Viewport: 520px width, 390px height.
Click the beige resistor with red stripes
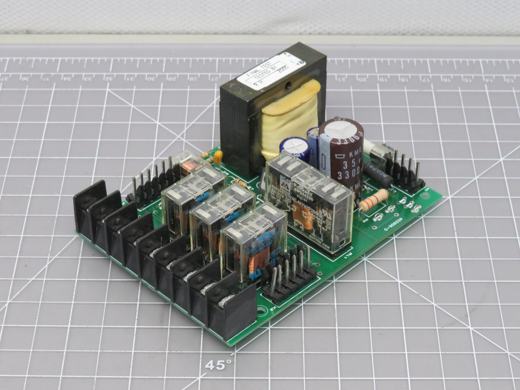click(x=373, y=200)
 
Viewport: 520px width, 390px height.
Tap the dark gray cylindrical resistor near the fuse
click(x=378, y=175)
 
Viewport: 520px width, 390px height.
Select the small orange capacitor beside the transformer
click(x=218, y=155)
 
